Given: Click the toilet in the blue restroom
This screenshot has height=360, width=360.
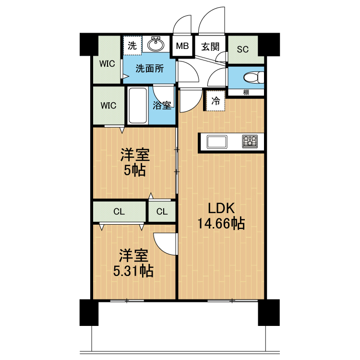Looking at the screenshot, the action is (x=254, y=77).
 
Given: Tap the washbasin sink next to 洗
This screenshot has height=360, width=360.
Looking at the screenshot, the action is (x=156, y=44).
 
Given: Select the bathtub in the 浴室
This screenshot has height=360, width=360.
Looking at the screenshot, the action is (x=138, y=106).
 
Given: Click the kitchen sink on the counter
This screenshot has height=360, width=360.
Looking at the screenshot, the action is (x=217, y=142).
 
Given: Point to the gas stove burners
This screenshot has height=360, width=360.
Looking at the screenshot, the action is (x=250, y=141).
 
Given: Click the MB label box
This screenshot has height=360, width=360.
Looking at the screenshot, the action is (x=182, y=46).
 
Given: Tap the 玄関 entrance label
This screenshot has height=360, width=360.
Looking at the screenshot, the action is (x=210, y=47).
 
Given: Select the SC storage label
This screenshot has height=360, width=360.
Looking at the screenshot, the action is (x=243, y=49).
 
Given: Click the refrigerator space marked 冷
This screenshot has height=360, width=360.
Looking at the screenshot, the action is (x=216, y=101).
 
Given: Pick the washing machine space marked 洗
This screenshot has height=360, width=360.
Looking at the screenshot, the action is (x=132, y=46).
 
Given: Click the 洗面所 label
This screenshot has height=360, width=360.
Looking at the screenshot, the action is (x=150, y=69).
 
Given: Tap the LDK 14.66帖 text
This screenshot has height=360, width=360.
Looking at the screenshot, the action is (x=221, y=216).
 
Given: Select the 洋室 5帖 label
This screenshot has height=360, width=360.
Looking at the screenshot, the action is (x=135, y=162).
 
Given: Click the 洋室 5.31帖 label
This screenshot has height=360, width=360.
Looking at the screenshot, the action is (x=133, y=263).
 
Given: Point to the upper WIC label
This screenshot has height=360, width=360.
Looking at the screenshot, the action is (x=107, y=63).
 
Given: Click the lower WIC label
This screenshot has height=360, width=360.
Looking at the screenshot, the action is (x=108, y=106).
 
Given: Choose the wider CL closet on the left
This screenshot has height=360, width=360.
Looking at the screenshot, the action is (x=119, y=212).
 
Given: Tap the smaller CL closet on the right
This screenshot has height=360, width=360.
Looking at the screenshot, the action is (x=162, y=212).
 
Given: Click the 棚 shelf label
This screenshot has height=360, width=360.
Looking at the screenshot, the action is (x=246, y=93).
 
